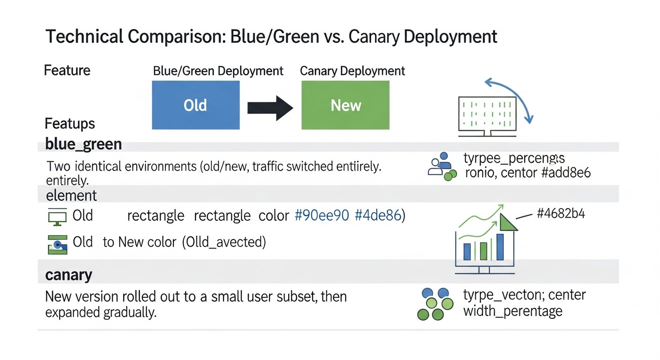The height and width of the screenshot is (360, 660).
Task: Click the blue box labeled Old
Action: tap(195, 105)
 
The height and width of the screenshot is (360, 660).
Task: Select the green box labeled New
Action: tap(345, 105)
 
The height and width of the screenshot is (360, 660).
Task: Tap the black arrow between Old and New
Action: tap(270, 107)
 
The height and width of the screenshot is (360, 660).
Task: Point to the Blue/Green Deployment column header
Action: tap(218, 71)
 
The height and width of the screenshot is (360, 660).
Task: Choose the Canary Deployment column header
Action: tap(352, 71)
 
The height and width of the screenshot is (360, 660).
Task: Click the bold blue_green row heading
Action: tap(83, 144)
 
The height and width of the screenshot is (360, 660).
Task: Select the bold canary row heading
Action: tap(68, 275)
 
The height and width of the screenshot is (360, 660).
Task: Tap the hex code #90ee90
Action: tap(322, 216)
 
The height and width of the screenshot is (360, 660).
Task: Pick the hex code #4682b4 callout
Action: tap(561, 214)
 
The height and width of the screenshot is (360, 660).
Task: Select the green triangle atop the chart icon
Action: tap(508, 222)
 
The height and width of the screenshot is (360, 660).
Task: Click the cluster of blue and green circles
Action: tap(435, 304)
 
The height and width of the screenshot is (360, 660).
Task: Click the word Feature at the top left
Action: tap(67, 71)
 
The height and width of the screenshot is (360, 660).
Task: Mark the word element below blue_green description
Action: tap(71, 195)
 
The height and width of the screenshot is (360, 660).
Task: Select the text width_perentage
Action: tap(512, 311)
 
